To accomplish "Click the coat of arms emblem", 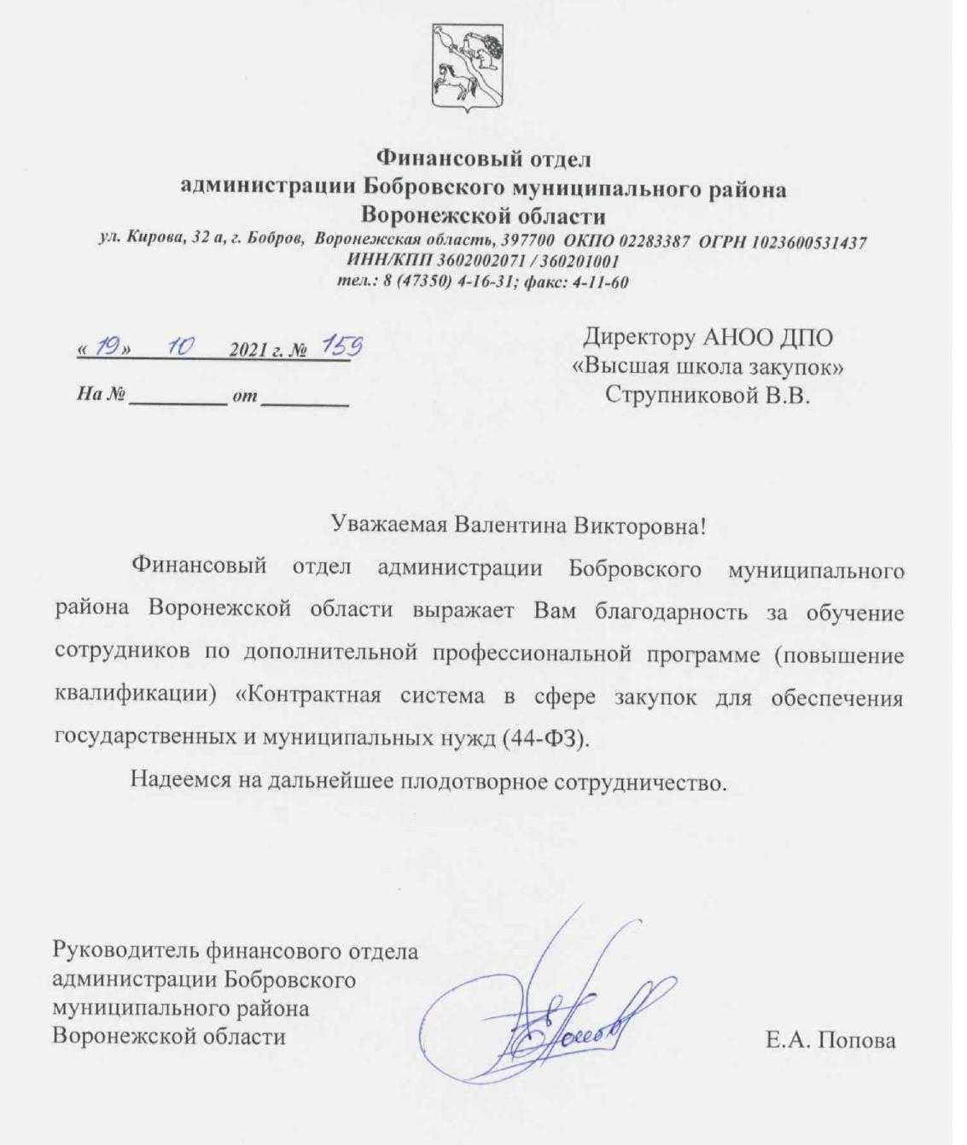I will (x=466, y=67).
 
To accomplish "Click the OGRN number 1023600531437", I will (x=808, y=241).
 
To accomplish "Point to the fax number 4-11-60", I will (x=602, y=282).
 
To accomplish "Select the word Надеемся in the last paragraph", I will (x=183, y=779).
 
